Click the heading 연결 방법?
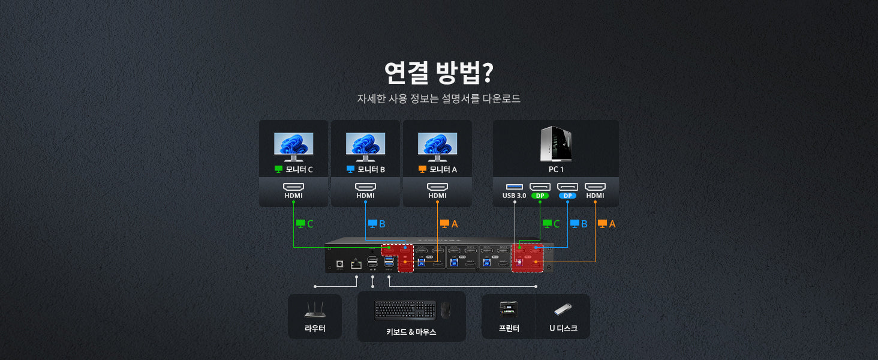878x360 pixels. (x=438, y=73)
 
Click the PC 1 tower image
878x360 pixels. (x=555, y=143)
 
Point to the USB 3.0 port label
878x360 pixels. (x=514, y=196)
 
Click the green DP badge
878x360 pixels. (x=540, y=196)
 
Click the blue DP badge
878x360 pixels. (x=567, y=196)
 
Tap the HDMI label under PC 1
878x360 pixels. (x=595, y=196)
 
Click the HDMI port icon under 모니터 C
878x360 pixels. (x=293, y=187)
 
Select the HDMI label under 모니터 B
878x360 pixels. (x=365, y=196)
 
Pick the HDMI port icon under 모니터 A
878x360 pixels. (x=437, y=187)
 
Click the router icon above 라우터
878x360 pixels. (x=315, y=309)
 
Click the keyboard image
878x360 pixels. (x=405, y=310)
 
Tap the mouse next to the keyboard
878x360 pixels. (x=445, y=310)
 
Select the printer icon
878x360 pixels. (x=509, y=309)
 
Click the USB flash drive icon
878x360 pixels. (x=563, y=310)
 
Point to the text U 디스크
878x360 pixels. (x=563, y=328)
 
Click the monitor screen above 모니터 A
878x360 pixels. (x=437, y=144)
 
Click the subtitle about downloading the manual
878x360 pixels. (x=438, y=98)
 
